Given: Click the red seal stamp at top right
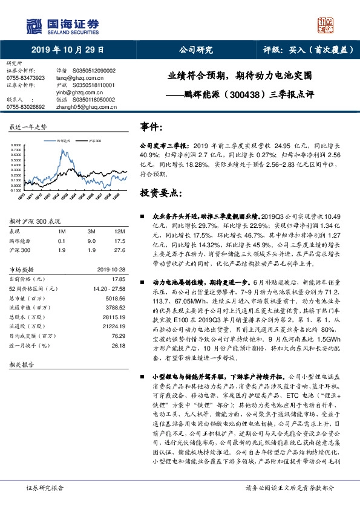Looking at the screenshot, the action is point(327,24).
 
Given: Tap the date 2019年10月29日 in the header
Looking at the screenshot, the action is point(67,50).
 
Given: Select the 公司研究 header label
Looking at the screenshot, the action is point(196,50).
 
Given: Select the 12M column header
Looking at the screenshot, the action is point(120,232).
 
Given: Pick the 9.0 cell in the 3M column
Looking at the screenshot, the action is point(92,240).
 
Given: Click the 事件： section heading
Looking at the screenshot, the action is point(152,127).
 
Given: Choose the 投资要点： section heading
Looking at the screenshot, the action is point(160,193).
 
